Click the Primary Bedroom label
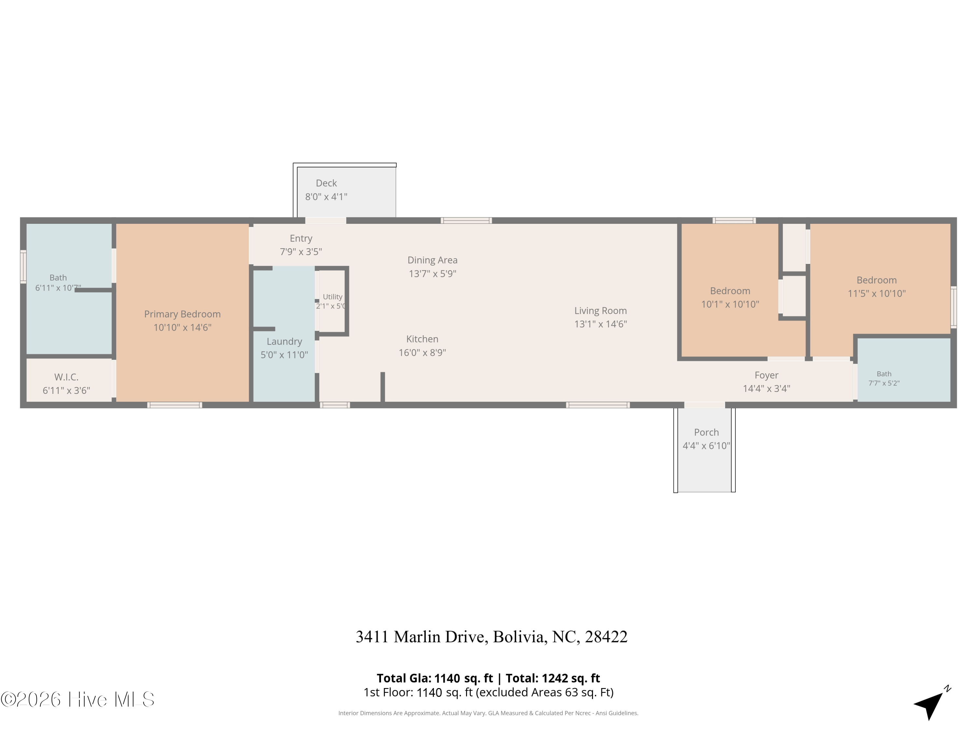click(x=182, y=314)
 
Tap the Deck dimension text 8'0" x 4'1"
click(x=326, y=197)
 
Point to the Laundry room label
click(x=284, y=341)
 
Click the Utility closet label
click(x=333, y=297)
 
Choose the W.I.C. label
click(x=66, y=377)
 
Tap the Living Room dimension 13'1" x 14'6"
click(x=601, y=324)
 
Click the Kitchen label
click(x=422, y=339)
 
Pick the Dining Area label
click(x=432, y=260)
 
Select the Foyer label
click(x=766, y=375)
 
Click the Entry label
click(x=301, y=238)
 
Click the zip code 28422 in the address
click(x=606, y=637)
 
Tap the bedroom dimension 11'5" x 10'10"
click(x=877, y=294)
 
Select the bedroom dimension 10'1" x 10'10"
click(x=730, y=304)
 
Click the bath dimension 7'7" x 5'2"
click(x=884, y=383)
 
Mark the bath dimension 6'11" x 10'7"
click(x=58, y=288)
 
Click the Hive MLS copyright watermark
click(x=78, y=699)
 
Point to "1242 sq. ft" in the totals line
click(x=571, y=678)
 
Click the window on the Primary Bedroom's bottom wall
click(x=175, y=405)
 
